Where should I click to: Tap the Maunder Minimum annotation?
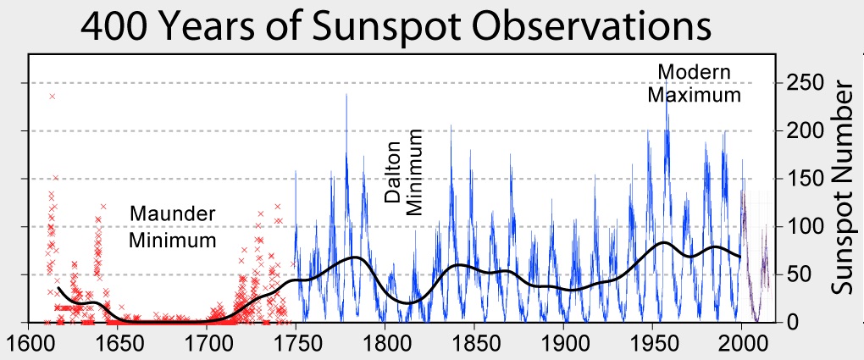click(x=172, y=227)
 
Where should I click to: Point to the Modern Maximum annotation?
click(x=694, y=83)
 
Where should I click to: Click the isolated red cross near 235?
click(x=53, y=97)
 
